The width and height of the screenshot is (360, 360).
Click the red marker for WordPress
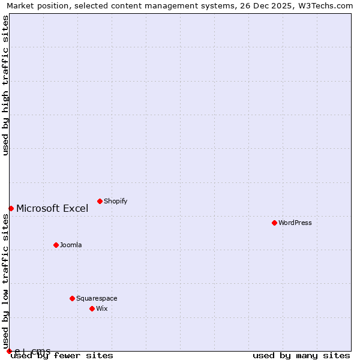tap(274, 223)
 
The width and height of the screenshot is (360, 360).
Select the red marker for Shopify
tap(100, 201)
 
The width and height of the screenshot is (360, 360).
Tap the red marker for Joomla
tap(56, 245)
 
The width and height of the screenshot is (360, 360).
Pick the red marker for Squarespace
tap(72, 298)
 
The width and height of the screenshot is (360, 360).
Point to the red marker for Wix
tap(92, 308)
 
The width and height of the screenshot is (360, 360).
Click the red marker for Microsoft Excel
tap(11, 208)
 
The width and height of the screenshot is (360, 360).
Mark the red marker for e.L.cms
tap(9, 351)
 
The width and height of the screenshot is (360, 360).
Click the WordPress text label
tap(295, 223)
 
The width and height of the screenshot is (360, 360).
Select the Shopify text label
tap(116, 202)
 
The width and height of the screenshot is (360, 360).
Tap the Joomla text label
tap(71, 245)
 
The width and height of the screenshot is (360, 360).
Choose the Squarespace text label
tap(97, 299)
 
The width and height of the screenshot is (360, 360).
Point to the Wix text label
tap(102, 309)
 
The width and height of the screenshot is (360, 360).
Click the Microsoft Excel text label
tap(52, 209)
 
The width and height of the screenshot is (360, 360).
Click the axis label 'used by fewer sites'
tap(62, 356)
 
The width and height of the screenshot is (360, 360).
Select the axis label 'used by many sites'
tap(301, 356)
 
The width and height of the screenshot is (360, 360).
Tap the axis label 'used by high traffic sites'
tap(6, 85)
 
